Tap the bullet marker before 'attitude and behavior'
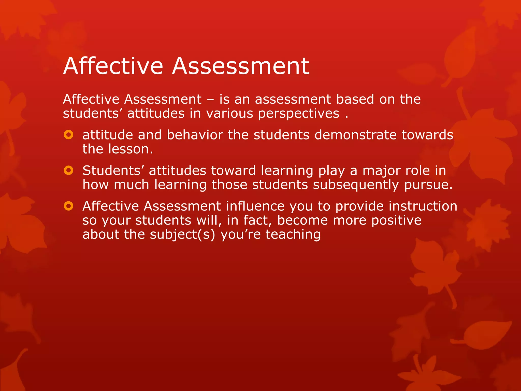point(68,135)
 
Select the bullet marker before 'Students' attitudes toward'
point(68,170)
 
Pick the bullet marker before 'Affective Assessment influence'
point(68,206)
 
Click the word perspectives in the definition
point(299,114)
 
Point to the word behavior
point(195,135)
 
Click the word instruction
point(423,206)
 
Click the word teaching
point(293,235)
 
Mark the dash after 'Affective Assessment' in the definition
point(210,100)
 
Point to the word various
point(230,114)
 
